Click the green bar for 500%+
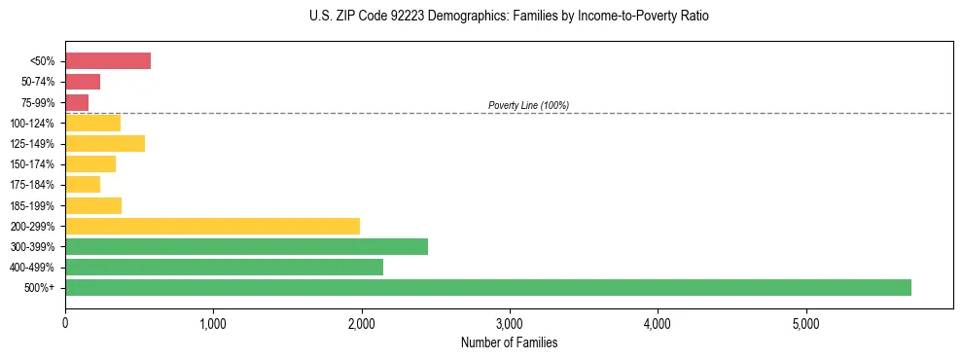coord(487,287)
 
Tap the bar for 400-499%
coord(224,267)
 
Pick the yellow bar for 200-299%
coord(212,226)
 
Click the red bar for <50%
coord(108,61)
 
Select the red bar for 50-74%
coord(83,82)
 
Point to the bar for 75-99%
coord(77,102)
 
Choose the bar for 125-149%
coord(105,144)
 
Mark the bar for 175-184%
coord(83,185)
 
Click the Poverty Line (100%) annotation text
coord(528,105)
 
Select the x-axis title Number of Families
coord(509,342)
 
